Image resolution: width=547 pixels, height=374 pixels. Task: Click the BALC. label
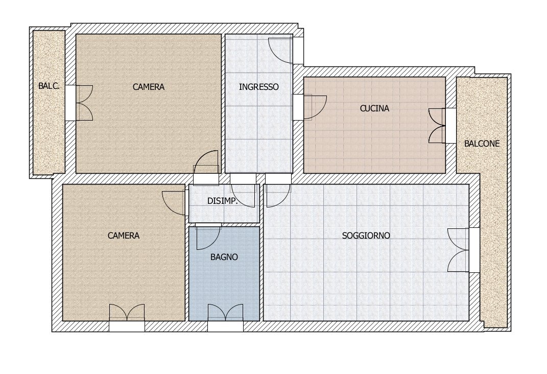pos(49,86)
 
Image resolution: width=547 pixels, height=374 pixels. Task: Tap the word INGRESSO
pos(259,87)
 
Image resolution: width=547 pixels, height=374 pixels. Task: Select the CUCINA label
pos(374,108)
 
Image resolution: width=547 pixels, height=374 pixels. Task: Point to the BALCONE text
pos(482,144)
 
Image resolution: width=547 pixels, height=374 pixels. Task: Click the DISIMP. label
pos(222,201)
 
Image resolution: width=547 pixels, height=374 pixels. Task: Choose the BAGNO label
pos(224,257)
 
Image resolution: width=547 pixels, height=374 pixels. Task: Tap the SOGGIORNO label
pos(366,236)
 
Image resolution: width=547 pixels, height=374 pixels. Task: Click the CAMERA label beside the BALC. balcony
pos(149,87)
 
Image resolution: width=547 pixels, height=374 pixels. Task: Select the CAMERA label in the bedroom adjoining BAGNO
pos(124,236)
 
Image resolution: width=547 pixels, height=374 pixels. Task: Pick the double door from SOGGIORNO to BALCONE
pos(459,250)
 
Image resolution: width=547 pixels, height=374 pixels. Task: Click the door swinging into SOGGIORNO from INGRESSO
pos(277,192)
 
